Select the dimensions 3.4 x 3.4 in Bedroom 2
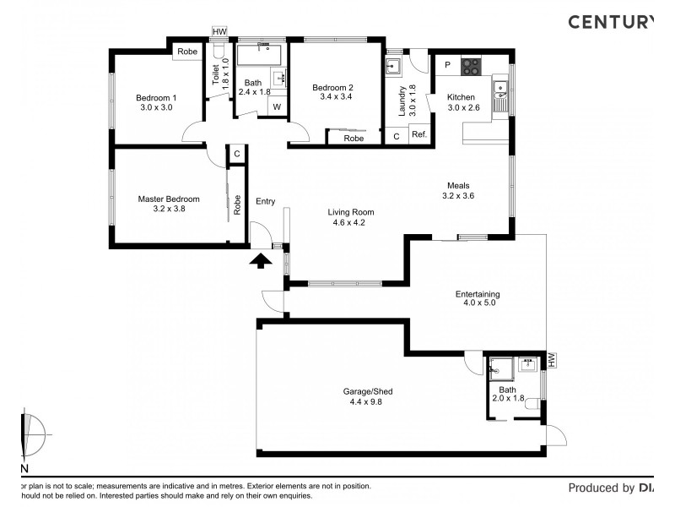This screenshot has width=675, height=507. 332,97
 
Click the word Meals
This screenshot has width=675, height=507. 458,185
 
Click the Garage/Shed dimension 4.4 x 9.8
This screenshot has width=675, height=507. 367,402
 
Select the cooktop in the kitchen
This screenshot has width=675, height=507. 470,65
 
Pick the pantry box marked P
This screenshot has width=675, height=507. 447,65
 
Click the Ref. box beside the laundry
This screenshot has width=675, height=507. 419,135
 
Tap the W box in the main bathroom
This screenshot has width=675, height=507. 277,106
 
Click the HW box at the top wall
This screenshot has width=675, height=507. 219,32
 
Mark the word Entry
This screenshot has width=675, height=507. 265,201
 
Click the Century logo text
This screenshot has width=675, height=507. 610,21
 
